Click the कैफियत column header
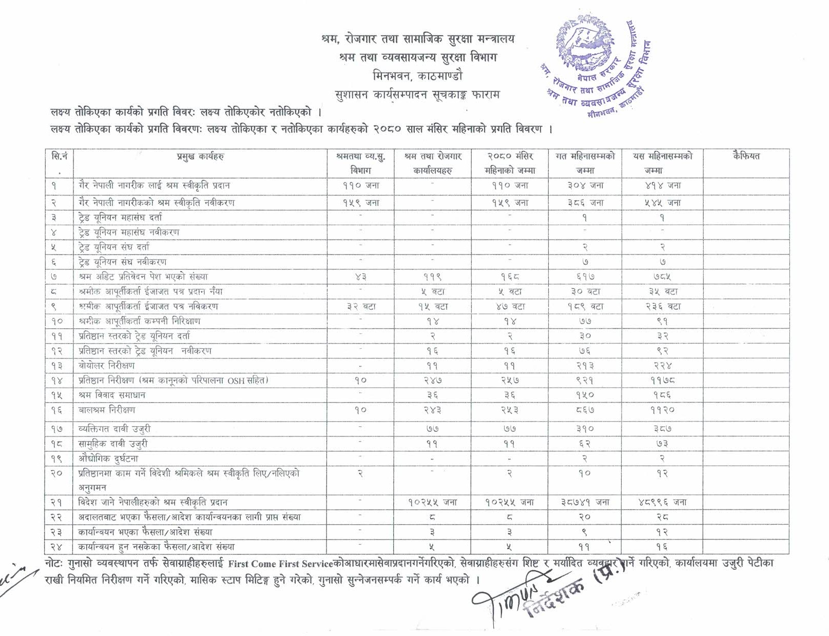[746, 156]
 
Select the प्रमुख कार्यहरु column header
[200, 156]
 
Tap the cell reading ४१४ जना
[663, 186]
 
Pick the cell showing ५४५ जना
[663, 203]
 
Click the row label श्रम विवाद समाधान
[112, 395]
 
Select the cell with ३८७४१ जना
[585, 503]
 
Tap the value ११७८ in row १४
[663, 381]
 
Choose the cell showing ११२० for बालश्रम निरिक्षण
[663, 410]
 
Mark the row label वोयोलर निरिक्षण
[107, 366]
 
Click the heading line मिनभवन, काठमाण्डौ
[417, 75]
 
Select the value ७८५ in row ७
[663, 276]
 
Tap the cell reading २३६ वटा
[663, 307]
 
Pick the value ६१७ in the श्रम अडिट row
[585, 276]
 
